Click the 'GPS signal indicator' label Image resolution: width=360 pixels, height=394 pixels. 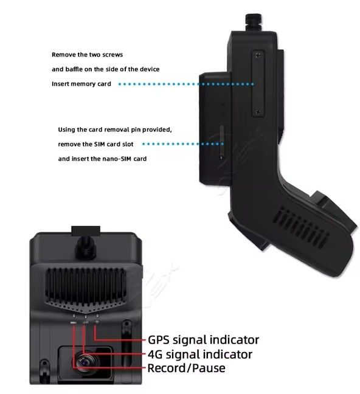pyautogui.click(x=203, y=340)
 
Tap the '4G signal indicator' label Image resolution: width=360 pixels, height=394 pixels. pyautogui.click(x=200, y=354)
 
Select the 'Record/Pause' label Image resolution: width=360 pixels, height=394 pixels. pyautogui.click(x=186, y=368)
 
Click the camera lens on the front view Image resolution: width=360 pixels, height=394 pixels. pyautogui.click(x=86, y=362)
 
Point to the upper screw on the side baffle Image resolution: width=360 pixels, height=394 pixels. pyautogui.click(x=258, y=55)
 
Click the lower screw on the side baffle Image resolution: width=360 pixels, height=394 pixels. pyautogui.click(x=258, y=112)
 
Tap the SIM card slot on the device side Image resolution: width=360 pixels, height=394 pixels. pyautogui.click(x=221, y=142)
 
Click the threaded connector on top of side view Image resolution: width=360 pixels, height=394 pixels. pyautogui.click(x=254, y=22)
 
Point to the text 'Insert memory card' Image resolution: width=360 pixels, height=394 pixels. pyautogui.click(x=81, y=84)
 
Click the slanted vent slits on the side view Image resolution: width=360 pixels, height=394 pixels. pyautogui.click(x=300, y=228)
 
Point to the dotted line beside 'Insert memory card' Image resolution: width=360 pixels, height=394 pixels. pyautogui.click(x=186, y=84)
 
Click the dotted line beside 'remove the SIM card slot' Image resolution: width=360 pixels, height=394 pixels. pyautogui.click(x=183, y=144)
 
